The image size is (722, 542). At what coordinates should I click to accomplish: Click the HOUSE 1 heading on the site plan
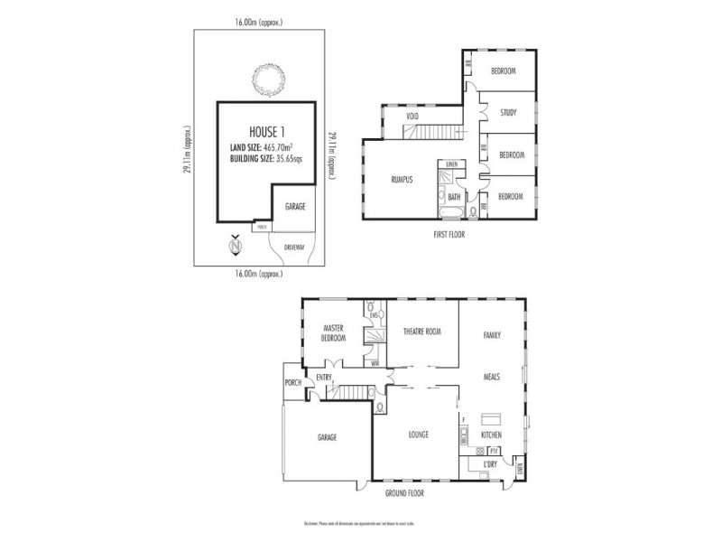[x=268, y=130]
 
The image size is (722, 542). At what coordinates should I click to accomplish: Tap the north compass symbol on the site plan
[x=235, y=246]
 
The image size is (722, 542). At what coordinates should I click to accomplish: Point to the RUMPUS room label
[x=402, y=180]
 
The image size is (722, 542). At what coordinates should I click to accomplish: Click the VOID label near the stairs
[x=412, y=117]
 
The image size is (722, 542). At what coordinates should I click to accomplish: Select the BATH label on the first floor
[x=454, y=196]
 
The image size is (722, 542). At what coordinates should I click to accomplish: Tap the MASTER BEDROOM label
[x=333, y=332]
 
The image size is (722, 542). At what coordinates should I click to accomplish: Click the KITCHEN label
[x=490, y=435]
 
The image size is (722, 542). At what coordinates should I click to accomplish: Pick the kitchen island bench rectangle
[x=492, y=419]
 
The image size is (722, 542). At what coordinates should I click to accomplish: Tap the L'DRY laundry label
[x=491, y=464]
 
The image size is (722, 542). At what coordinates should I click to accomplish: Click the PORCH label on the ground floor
[x=292, y=382]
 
